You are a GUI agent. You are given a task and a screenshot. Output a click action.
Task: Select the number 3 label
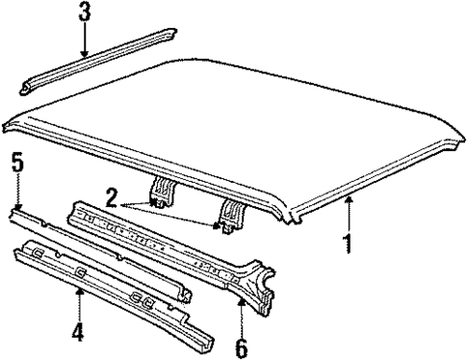click(86, 15)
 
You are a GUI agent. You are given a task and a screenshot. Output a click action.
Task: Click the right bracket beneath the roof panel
click(231, 214)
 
